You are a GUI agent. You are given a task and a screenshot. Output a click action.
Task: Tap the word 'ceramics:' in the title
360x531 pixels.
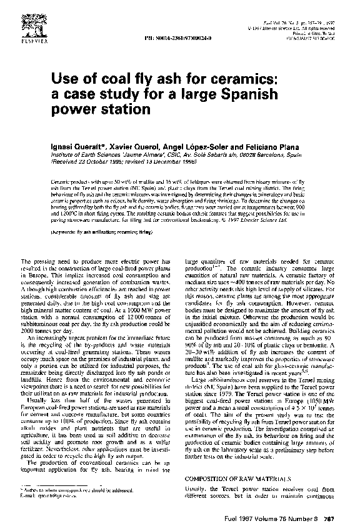pyautogui.click(x=238, y=80)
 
